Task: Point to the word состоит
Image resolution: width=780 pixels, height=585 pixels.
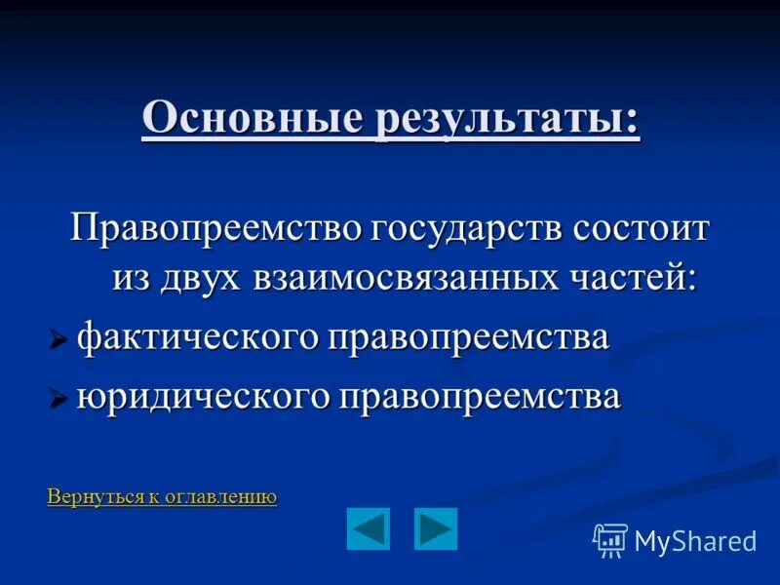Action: tap(642, 230)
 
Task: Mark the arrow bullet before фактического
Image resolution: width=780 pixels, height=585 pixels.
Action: tap(58, 340)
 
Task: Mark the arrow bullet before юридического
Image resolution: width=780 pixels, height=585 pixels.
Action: tap(58, 399)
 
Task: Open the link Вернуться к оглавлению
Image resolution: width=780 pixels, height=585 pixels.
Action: tap(162, 497)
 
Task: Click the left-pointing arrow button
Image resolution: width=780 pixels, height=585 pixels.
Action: tap(368, 529)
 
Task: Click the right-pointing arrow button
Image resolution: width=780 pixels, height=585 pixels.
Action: tap(435, 529)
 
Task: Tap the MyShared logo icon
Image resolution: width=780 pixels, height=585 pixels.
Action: tap(609, 540)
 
